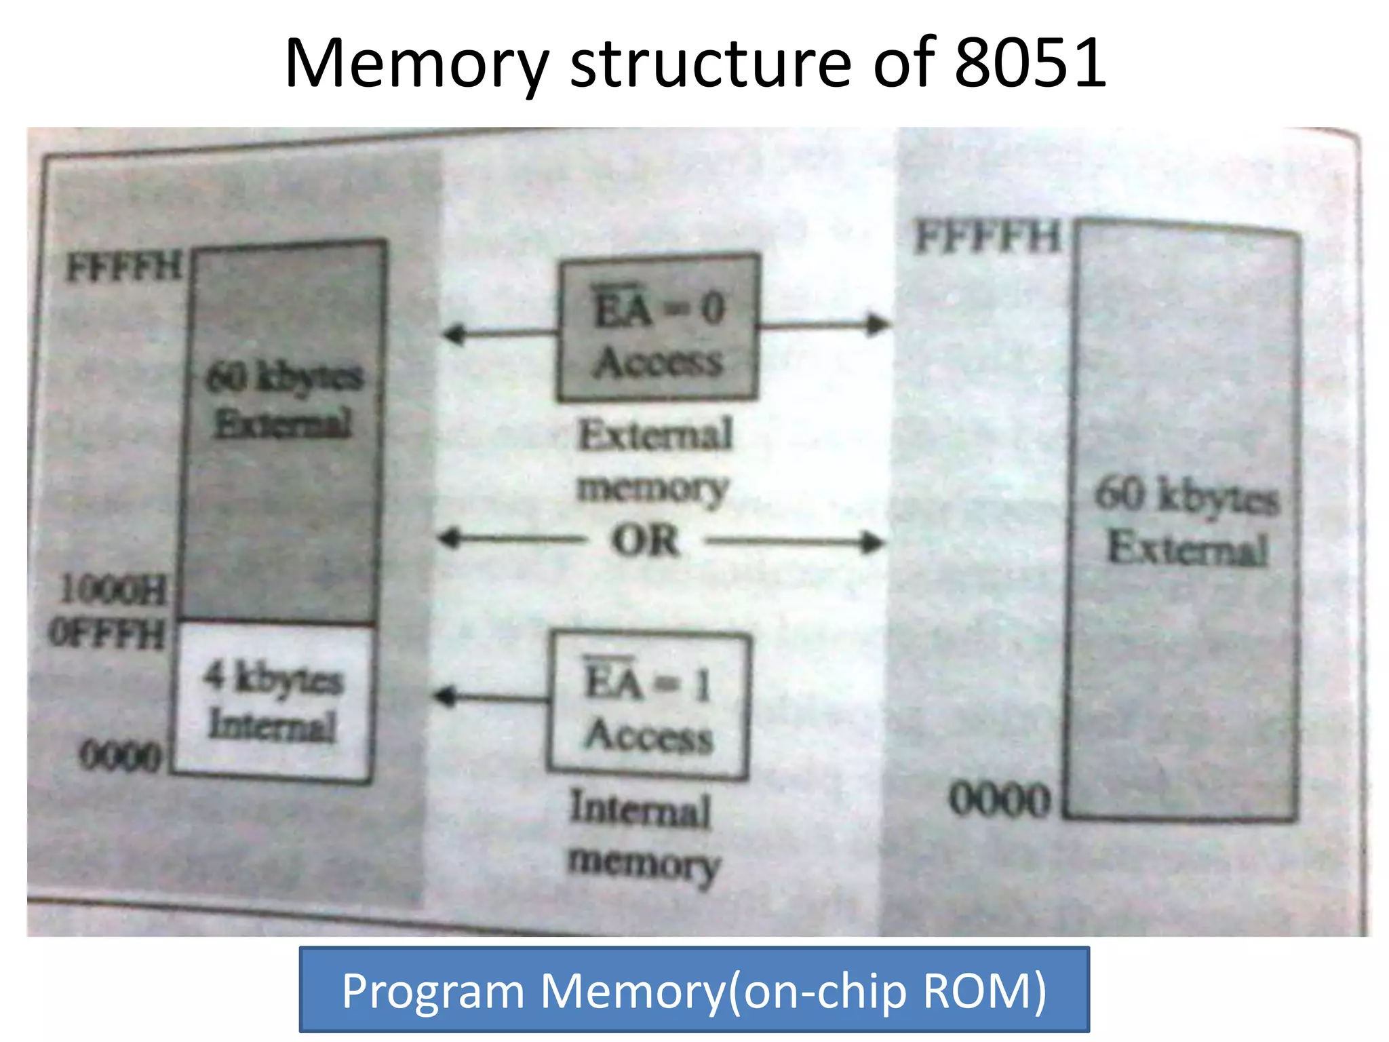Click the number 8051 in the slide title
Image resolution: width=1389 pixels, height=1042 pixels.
(1030, 64)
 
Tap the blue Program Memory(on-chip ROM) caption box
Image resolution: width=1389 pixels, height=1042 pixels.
(694, 990)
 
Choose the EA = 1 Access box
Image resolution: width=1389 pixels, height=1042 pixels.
(648, 706)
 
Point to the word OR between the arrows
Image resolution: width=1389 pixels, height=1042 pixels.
(645, 541)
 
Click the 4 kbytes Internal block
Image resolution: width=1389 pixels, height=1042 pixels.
(273, 701)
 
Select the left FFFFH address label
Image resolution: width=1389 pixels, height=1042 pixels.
(124, 267)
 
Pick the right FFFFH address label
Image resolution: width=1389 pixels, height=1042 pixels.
(987, 237)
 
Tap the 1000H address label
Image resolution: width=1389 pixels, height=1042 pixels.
(113, 590)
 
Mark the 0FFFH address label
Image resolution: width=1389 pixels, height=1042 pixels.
(107, 634)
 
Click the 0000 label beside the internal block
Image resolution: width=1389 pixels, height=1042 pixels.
(120, 755)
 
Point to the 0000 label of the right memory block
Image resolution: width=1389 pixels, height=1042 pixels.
(999, 800)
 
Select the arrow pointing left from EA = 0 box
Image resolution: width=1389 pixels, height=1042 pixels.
(500, 333)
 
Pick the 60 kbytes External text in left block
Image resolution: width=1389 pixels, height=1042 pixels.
(283, 400)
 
